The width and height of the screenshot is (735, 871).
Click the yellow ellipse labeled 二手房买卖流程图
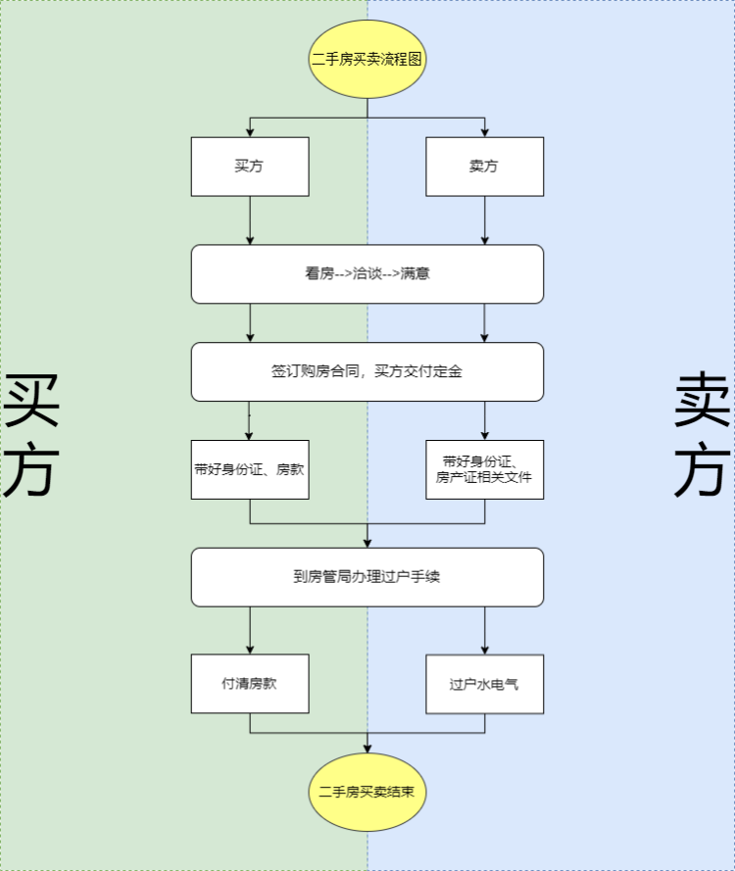click(x=367, y=59)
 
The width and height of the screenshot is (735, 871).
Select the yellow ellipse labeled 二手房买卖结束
click(x=367, y=792)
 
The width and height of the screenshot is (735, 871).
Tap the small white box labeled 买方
click(x=250, y=167)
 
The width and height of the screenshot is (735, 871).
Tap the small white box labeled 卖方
click(x=484, y=167)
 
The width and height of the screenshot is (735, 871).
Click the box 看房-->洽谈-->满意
click(x=367, y=274)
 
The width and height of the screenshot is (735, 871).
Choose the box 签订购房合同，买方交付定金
click(x=367, y=372)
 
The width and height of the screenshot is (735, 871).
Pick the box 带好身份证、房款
click(x=250, y=469)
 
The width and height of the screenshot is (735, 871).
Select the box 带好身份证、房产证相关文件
click(x=484, y=469)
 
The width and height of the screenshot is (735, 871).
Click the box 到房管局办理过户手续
click(x=367, y=577)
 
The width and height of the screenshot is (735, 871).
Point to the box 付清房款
click(x=250, y=684)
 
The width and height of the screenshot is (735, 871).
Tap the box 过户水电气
click(x=484, y=684)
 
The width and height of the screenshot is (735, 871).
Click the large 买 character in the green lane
click(x=31, y=401)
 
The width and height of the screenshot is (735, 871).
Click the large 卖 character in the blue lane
click(x=703, y=401)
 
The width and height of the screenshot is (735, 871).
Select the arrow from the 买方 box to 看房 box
click(x=250, y=220)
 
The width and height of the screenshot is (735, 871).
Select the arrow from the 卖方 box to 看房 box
click(x=485, y=220)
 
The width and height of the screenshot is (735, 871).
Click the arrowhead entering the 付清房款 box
click(x=250, y=650)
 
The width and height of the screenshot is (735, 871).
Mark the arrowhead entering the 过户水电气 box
click(x=485, y=650)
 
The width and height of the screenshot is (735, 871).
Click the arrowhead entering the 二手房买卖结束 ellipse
click(x=367, y=748)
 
